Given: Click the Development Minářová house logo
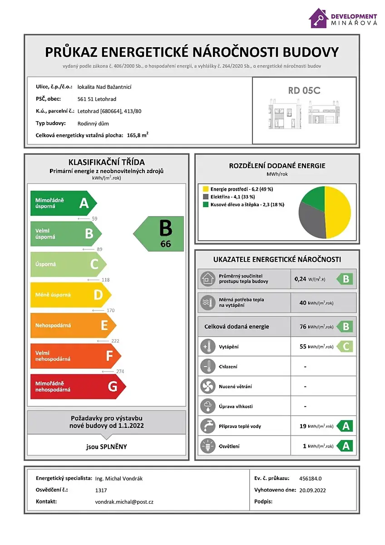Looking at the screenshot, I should click(x=319, y=19).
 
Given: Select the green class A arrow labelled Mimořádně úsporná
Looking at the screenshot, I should click(x=63, y=203).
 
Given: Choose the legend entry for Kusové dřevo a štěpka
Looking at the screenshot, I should click(x=244, y=204).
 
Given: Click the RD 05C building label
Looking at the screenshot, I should click(x=304, y=90).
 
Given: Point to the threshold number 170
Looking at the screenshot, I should click(x=109, y=311).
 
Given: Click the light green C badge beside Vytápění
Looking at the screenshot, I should click(x=345, y=347).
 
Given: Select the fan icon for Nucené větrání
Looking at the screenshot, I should click(x=207, y=386).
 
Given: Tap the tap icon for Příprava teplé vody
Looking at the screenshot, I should click(x=207, y=426).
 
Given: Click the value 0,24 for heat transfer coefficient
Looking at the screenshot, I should click(x=300, y=279).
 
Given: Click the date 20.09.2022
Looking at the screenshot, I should click(x=313, y=490).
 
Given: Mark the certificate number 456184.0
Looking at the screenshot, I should click(x=311, y=478).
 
